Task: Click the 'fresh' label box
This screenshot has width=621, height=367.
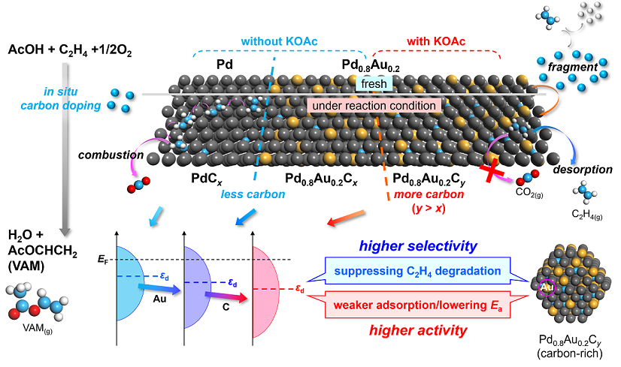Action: (373, 85)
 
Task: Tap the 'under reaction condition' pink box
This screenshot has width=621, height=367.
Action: (371, 106)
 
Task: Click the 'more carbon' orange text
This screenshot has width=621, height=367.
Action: (420, 195)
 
